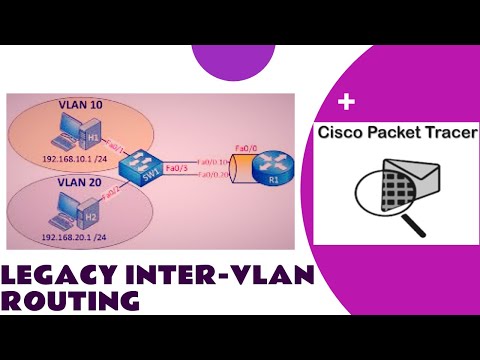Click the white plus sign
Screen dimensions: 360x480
click(348, 102)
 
